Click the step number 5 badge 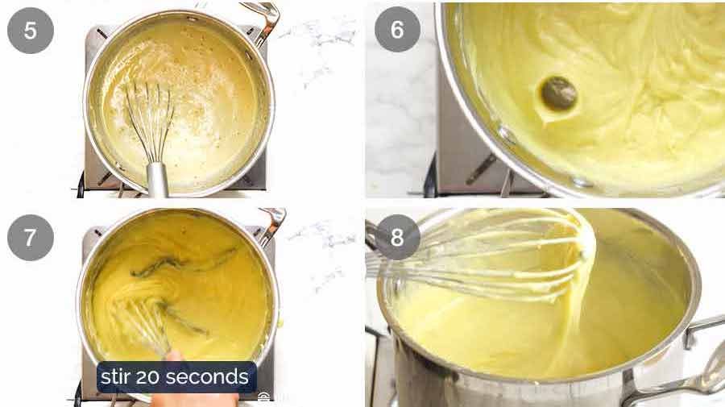[x=31, y=31]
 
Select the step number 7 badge [x=31, y=238]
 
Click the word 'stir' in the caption [x=117, y=376]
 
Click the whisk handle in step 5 [x=156, y=173]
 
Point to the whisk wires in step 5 [x=150, y=113]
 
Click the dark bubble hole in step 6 [x=558, y=93]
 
